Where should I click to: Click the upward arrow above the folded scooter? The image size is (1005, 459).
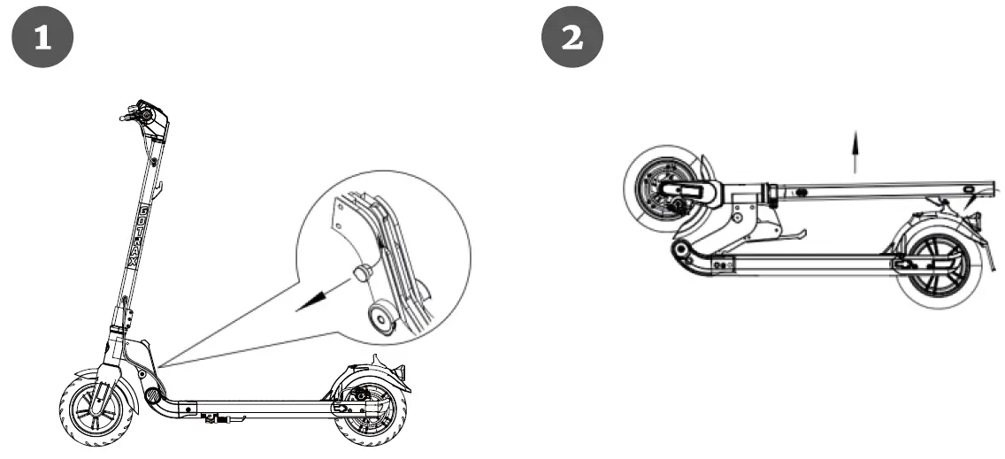(x=855, y=150)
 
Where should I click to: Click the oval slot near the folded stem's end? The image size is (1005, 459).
(x=970, y=189)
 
